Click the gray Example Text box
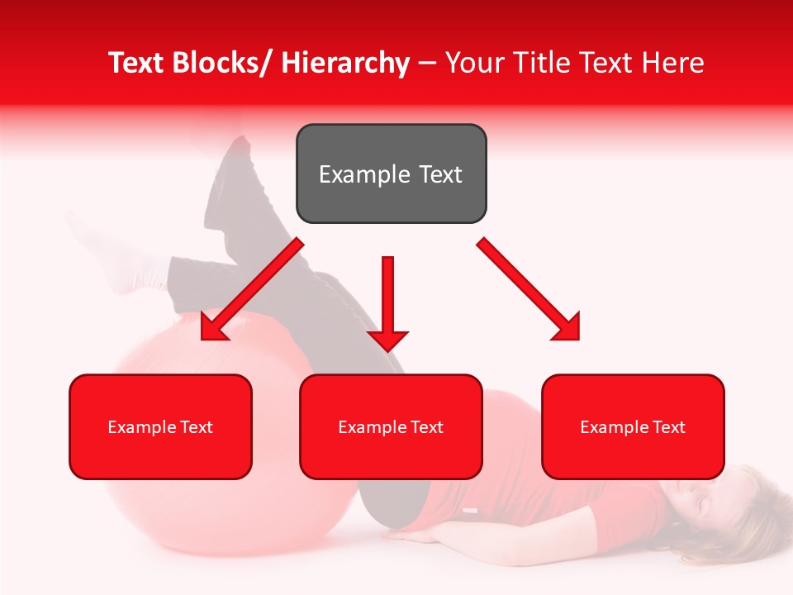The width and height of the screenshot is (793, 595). (391, 174)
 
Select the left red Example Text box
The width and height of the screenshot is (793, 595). (160, 426)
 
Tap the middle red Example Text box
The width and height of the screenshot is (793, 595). (391, 426)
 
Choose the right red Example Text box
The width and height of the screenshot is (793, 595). (633, 426)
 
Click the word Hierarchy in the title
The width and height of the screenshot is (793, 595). (345, 64)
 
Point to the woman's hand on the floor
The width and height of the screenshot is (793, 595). (405, 535)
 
